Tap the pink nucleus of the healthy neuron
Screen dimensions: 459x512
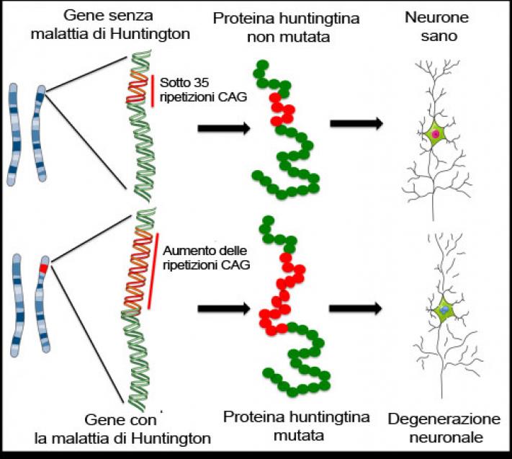point(436,134)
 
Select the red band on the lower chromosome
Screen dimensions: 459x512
point(44,268)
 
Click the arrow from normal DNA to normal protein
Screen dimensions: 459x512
point(224,128)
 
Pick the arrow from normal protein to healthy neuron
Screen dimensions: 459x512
point(356,124)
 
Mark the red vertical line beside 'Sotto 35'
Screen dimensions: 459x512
point(153,91)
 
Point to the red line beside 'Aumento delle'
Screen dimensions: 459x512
point(153,270)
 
